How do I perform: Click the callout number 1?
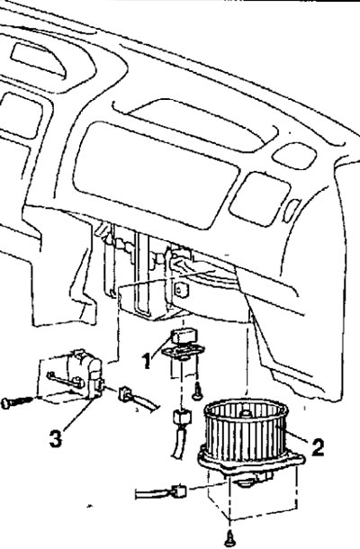pyautogui.click(x=148, y=361)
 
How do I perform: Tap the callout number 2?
pyautogui.click(x=318, y=446)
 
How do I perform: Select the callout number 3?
pyautogui.click(x=55, y=438)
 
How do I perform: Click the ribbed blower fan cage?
pyautogui.click(x=246, y=431)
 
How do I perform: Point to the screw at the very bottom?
pyautogui.click(x=229, y=538)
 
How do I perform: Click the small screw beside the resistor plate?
pyautogui.click(x=196, y=391)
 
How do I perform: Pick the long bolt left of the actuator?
pyautogui.click(x=17, y=401)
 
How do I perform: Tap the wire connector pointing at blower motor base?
pyautogui.click(x=178, y=491)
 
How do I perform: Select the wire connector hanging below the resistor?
pyautogui.click(x=183, y=418)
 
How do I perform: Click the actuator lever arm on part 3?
pyautogui.click(x=66, y=380)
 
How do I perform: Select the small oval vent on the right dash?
pyautogui.click(x=295, y=154)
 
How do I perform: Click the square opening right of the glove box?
pyautogui.click(x=259, y=198)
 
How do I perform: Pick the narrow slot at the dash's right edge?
pyautogui.click(x=292, y=210)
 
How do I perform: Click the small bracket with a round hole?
pyautogui.click(x=181, y=290)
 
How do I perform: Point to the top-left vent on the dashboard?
pyautogui.click(x=38, y=58)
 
